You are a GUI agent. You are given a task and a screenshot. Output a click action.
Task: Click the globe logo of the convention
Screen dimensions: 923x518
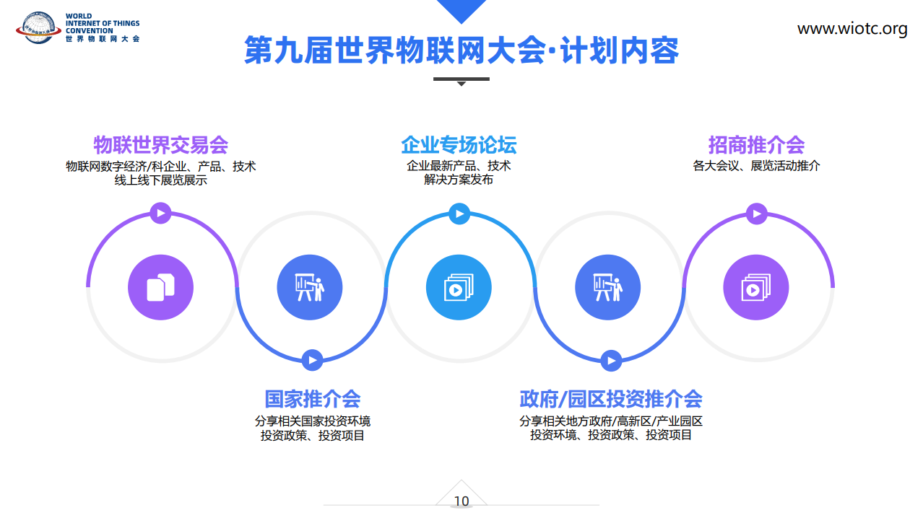(x=38, y=27)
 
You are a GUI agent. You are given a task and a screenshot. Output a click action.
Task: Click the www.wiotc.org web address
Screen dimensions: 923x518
(x=852, y=29)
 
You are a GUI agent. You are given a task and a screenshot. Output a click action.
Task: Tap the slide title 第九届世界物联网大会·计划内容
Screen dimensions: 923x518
(x=461, y=51)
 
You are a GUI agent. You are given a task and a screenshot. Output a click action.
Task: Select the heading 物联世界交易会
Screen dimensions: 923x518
(x=161, y=144)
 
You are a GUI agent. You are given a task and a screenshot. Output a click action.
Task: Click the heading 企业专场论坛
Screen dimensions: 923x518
(x=459, y=144)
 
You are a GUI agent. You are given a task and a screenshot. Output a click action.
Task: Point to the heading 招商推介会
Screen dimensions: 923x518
(x=757, y=144)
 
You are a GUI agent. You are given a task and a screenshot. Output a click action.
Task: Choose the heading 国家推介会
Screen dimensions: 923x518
(x=312, y=398)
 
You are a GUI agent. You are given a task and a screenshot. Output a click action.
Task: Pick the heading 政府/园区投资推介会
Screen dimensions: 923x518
(x=611, y=398)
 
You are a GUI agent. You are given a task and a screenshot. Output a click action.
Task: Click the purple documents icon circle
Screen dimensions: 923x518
(x=161, y=287)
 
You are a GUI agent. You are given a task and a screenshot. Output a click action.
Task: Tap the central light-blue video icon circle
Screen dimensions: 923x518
(x=459, y=287)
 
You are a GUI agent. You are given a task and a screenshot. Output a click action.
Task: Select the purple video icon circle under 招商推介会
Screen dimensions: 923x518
(x=756, y=287)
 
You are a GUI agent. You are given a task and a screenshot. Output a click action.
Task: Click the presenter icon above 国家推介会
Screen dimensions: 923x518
(x=309, y=287)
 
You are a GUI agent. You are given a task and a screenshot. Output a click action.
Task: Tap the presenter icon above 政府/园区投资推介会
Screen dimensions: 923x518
(x=608, y=287)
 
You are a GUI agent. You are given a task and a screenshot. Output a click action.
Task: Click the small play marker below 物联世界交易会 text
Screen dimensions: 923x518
(x=161, y=213)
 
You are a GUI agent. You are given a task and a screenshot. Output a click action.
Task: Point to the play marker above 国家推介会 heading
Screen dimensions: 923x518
(x=312, y=360)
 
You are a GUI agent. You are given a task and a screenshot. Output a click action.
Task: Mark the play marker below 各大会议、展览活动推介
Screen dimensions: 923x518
(x=757, y=214)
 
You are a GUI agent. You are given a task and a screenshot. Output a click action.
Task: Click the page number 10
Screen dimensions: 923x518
(x=461, y=501)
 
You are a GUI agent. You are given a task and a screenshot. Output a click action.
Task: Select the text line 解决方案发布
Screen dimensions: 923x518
(x=459, y=180)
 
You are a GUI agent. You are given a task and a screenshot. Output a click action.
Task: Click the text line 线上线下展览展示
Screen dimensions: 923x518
(x=161, y=180)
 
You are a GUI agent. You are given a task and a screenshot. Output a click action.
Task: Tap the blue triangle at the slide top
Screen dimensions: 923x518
(x=461, y=9)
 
